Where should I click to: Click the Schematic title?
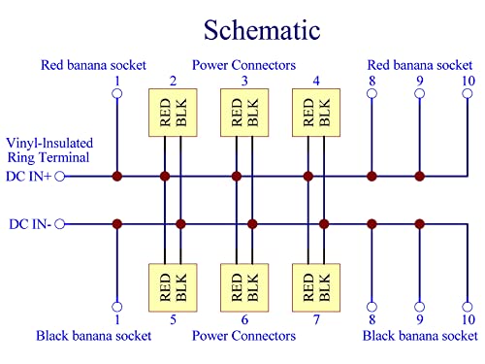click(242, 29)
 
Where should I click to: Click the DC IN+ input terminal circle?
click(60, 177)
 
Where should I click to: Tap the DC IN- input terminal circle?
click(60, 224)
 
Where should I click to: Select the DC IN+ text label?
click(29, 177)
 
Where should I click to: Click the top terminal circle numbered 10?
click(469, 94)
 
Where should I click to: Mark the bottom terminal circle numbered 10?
click(469, 306)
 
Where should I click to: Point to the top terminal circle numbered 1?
click(117, 94)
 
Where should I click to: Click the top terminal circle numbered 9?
click(420, 94)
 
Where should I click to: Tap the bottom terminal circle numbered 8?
click(372, 306)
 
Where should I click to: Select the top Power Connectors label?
click(243, 66)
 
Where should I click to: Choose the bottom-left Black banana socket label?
click(93, 336)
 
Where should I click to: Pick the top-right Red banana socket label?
click(420, 66)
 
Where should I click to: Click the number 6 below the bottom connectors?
click(244, 319)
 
